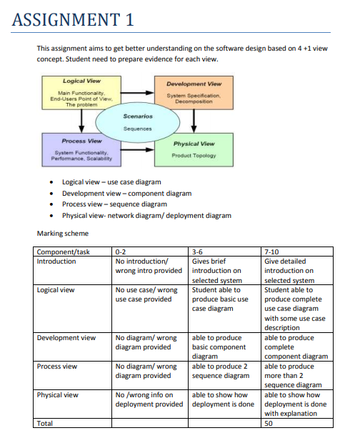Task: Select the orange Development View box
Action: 194,94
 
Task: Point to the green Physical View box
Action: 194,149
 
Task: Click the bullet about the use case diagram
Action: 111,182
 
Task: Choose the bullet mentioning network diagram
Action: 146,214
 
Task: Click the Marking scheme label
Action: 61,233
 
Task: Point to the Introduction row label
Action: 56,262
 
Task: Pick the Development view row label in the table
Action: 66,337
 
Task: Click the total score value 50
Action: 269,423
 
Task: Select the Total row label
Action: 46,423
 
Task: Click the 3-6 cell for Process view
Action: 221,371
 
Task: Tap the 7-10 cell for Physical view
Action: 296,403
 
